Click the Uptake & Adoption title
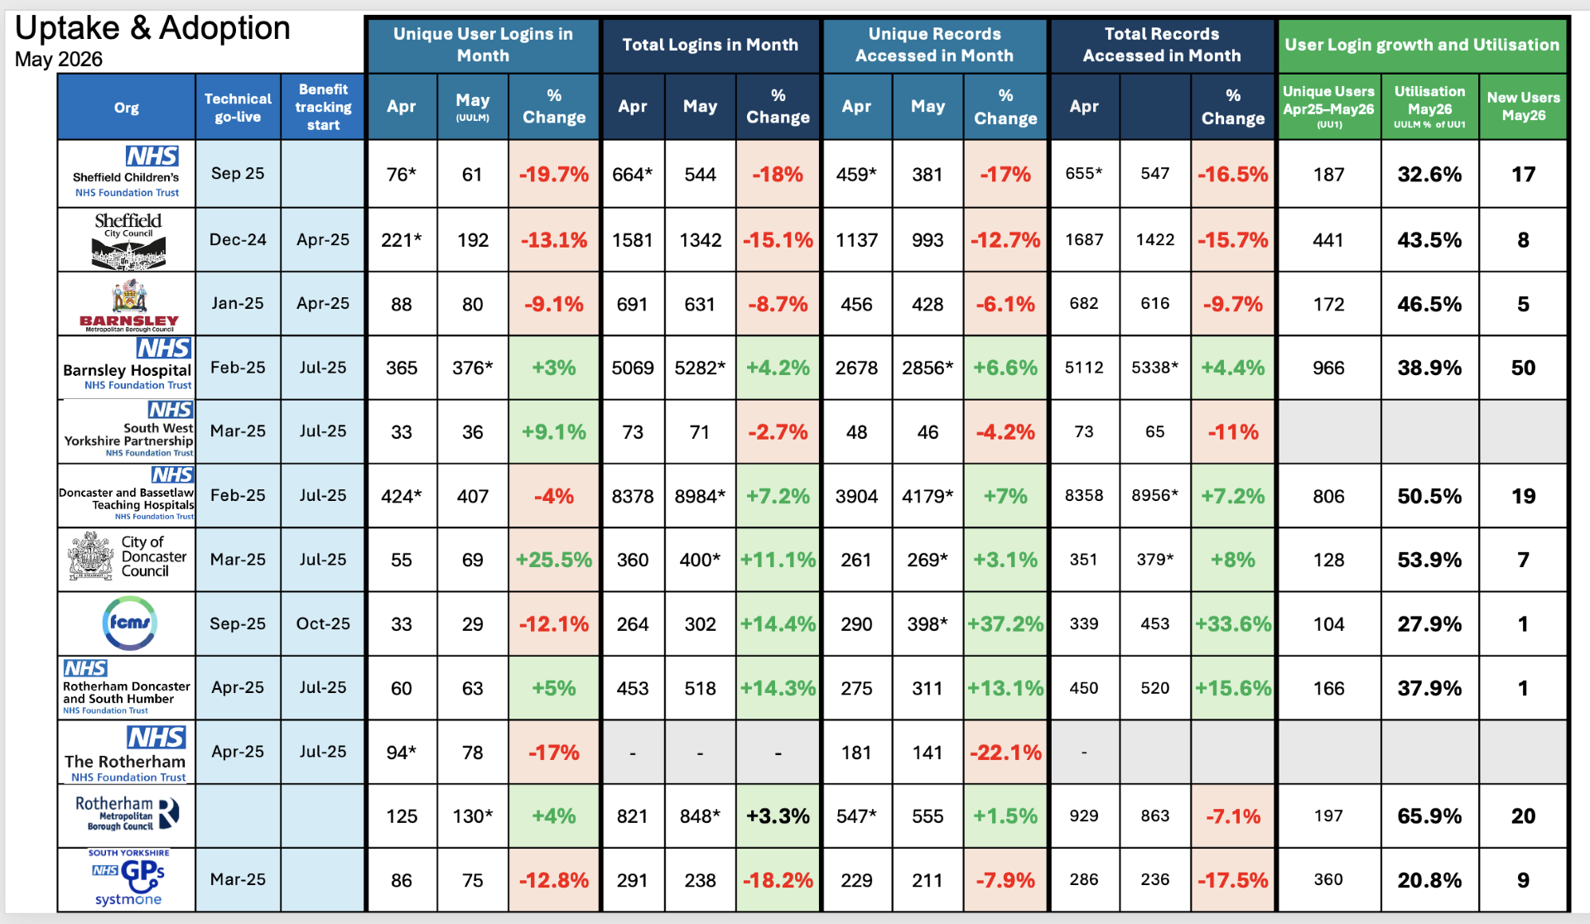[x=152, y=28]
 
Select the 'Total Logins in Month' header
[x=710, y=45]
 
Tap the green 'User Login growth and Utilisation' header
[x=1422, y=45]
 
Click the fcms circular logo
[x=129, y=623]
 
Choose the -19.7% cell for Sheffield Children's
[x=554, y=174]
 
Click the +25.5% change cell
[x=554, y=560]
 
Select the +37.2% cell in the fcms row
[x=1005, y=623]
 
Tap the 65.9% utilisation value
[x=1429, y=816]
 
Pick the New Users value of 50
[x=1523, y=368]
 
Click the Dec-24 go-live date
[x=238, y=239]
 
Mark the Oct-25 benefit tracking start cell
[x=323, y=623]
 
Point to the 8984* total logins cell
[x=700, y=496]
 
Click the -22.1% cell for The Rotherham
[x=1005, y=752]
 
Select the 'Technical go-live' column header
[x=238, y=108]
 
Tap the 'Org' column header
[x=127, y=108]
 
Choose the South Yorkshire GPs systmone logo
[x=128, y=878]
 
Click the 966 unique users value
[x=1328, y=368]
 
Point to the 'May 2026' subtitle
[x=59, y=60]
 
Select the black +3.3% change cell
[x=778, y=816]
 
